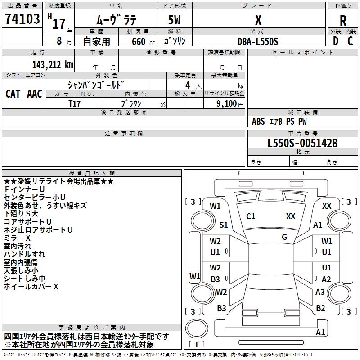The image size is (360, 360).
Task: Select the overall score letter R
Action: tap(343, 21)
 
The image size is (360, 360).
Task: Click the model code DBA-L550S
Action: tap(258, 41)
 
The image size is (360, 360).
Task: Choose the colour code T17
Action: tap(75, 103)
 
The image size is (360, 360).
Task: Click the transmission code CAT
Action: tap(13, 94)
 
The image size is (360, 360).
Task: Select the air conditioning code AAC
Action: tap(35, 94)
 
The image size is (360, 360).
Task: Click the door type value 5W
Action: tap(175, 21)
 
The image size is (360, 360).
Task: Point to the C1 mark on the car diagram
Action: tap(251, 216)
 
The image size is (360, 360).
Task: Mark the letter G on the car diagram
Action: tap(284, 237)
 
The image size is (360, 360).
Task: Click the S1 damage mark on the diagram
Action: tap(224, 225)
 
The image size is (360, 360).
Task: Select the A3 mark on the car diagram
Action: tap(320, 292)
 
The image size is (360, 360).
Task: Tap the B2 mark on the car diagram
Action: tap(320, 308)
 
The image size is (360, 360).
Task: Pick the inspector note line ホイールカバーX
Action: tap(31, 286)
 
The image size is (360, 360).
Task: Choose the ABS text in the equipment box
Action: tap(258, 121)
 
